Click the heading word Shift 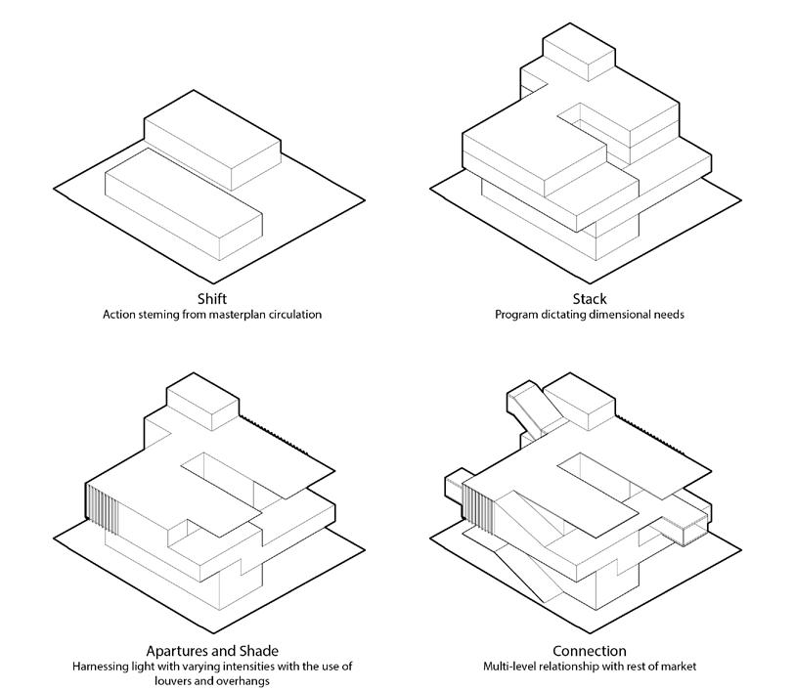(x=211, y=299)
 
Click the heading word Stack (x=590, y=299)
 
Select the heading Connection (x=589, y=651)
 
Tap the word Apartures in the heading (x=180, y=651)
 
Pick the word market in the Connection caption (x=677, y=667)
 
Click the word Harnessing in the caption (x=104, y=667)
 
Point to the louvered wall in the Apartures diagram (x=102, y=509)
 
